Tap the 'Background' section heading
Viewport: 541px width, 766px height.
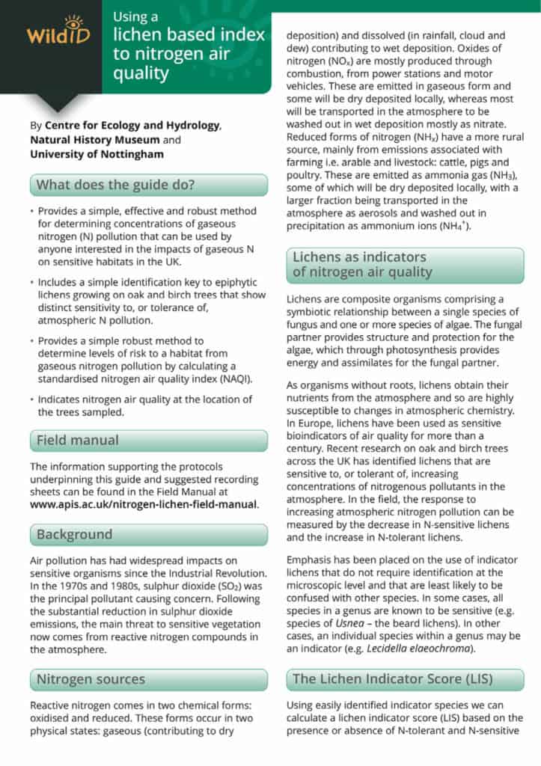[x=74, y=534]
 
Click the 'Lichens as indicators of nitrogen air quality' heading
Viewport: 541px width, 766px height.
[x=362, y=264]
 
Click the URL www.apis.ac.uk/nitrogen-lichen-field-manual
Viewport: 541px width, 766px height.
[x=144, y=504]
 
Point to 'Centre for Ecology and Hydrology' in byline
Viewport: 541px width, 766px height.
[x=132, y=125]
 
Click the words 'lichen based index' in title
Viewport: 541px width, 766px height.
[x=189, y=34]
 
